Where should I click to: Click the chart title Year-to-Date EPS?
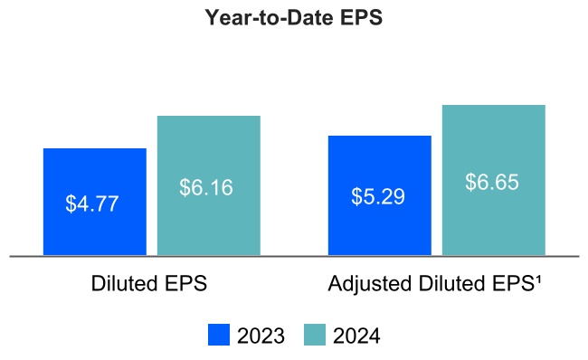(x=294, y=19)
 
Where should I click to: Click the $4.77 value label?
(x=92, y=204)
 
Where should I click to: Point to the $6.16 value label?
(x=206, y=188)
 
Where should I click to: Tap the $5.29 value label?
(x=378, y=196)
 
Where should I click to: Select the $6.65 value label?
(x=492, y=182)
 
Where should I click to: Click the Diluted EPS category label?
(x=149, y=284)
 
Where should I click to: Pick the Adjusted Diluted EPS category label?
(x=435, y=284)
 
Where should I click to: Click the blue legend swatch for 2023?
(x=219, y=335)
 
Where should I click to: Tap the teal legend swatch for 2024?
(x=314, y=335)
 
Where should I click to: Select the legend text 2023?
(x=261, y=336)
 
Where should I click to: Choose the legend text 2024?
(x=356, y=336)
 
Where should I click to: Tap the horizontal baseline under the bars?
(x=294, y=257)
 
